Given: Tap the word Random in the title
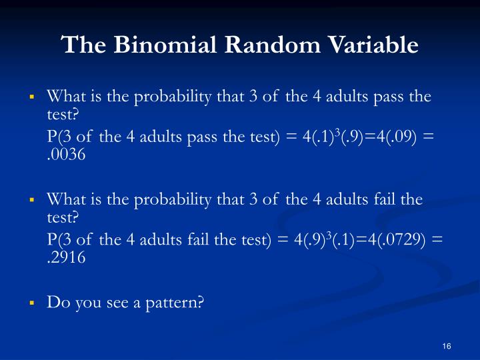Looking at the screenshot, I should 255,45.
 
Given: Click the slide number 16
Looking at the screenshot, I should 447,345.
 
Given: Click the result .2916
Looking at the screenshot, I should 67,258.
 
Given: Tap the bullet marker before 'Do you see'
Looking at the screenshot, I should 31,303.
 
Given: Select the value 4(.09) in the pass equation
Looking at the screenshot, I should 391,136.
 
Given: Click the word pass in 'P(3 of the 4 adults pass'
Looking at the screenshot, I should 195,136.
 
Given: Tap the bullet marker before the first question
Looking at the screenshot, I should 31,97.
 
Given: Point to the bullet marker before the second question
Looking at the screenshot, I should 31,199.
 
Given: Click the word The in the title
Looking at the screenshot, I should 80,45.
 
